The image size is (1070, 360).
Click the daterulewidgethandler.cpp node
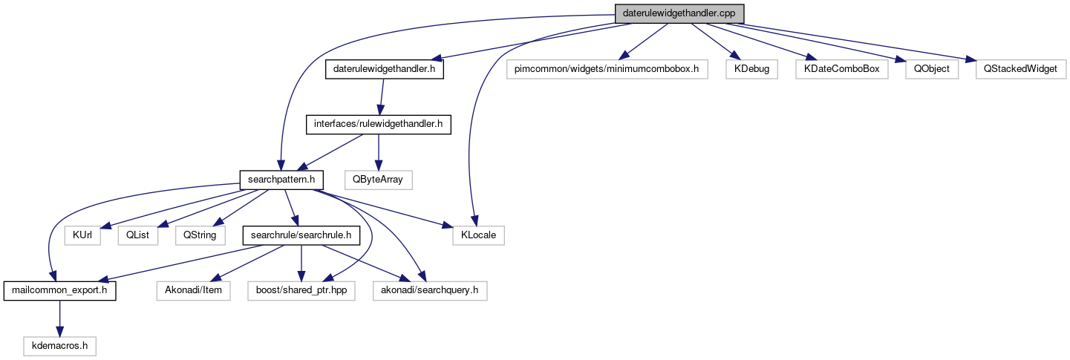coord(679,13)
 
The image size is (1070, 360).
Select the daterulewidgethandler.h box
coord(384,70)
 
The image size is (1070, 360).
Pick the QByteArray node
coord(378,180)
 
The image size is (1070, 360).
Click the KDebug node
coord(752,70)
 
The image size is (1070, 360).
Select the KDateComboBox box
coord(841,70)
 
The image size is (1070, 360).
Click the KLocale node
coord(479,235)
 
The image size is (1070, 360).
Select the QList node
coord(138,235)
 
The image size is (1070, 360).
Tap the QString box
coord(200,235)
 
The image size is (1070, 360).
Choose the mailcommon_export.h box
coord(59,290)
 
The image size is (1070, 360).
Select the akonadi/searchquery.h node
coord(429,290)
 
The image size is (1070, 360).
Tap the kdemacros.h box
coord(59,345)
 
